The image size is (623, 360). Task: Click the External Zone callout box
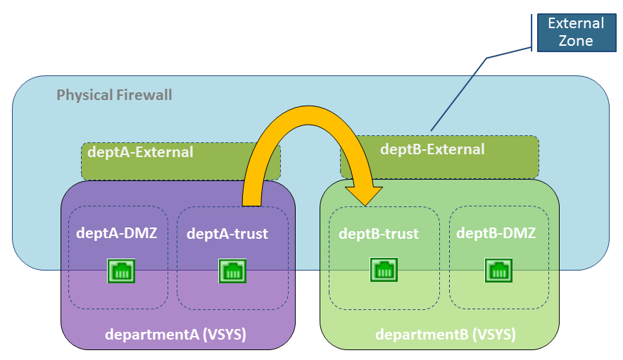tap(576, 32)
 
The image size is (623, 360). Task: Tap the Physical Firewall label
tap(114, 95)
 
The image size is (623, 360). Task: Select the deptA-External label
tap(140, 151)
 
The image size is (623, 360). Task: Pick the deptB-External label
tap(432, 149)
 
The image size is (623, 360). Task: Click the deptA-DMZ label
tap(115, 234)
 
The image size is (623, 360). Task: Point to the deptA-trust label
tap(227, 234)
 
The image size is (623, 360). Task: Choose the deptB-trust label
tap(379, 234)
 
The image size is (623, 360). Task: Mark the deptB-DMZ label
tap(496, 233)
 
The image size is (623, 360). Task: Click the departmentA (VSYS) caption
tap(175, 335)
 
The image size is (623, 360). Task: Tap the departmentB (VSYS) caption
tap(446, 335)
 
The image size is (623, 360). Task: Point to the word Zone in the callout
tap(576, 41)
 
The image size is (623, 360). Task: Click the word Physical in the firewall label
tap(84, 95)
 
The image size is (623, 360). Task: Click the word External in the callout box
tap(576, 23)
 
